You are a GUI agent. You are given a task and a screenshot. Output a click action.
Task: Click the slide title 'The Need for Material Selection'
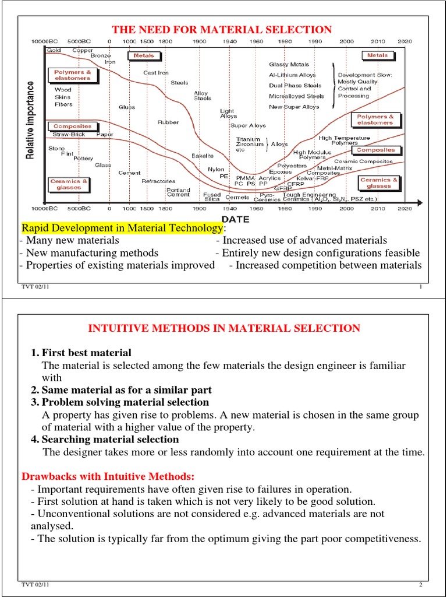pos(222,30)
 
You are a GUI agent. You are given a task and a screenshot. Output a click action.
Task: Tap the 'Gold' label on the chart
pos(54,50)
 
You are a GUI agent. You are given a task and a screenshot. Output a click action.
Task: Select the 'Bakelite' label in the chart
pos(203,156)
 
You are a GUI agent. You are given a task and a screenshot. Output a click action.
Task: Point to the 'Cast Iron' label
pos(156,73)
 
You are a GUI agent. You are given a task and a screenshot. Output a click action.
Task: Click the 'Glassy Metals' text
pos(289,65)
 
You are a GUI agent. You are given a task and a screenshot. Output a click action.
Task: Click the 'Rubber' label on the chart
pos(168,122)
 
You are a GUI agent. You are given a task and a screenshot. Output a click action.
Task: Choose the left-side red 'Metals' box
pos(143,56)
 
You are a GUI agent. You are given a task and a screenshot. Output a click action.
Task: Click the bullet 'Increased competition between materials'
pos(325,266)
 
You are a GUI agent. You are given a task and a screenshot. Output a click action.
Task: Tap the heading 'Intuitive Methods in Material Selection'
pos(224,329)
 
